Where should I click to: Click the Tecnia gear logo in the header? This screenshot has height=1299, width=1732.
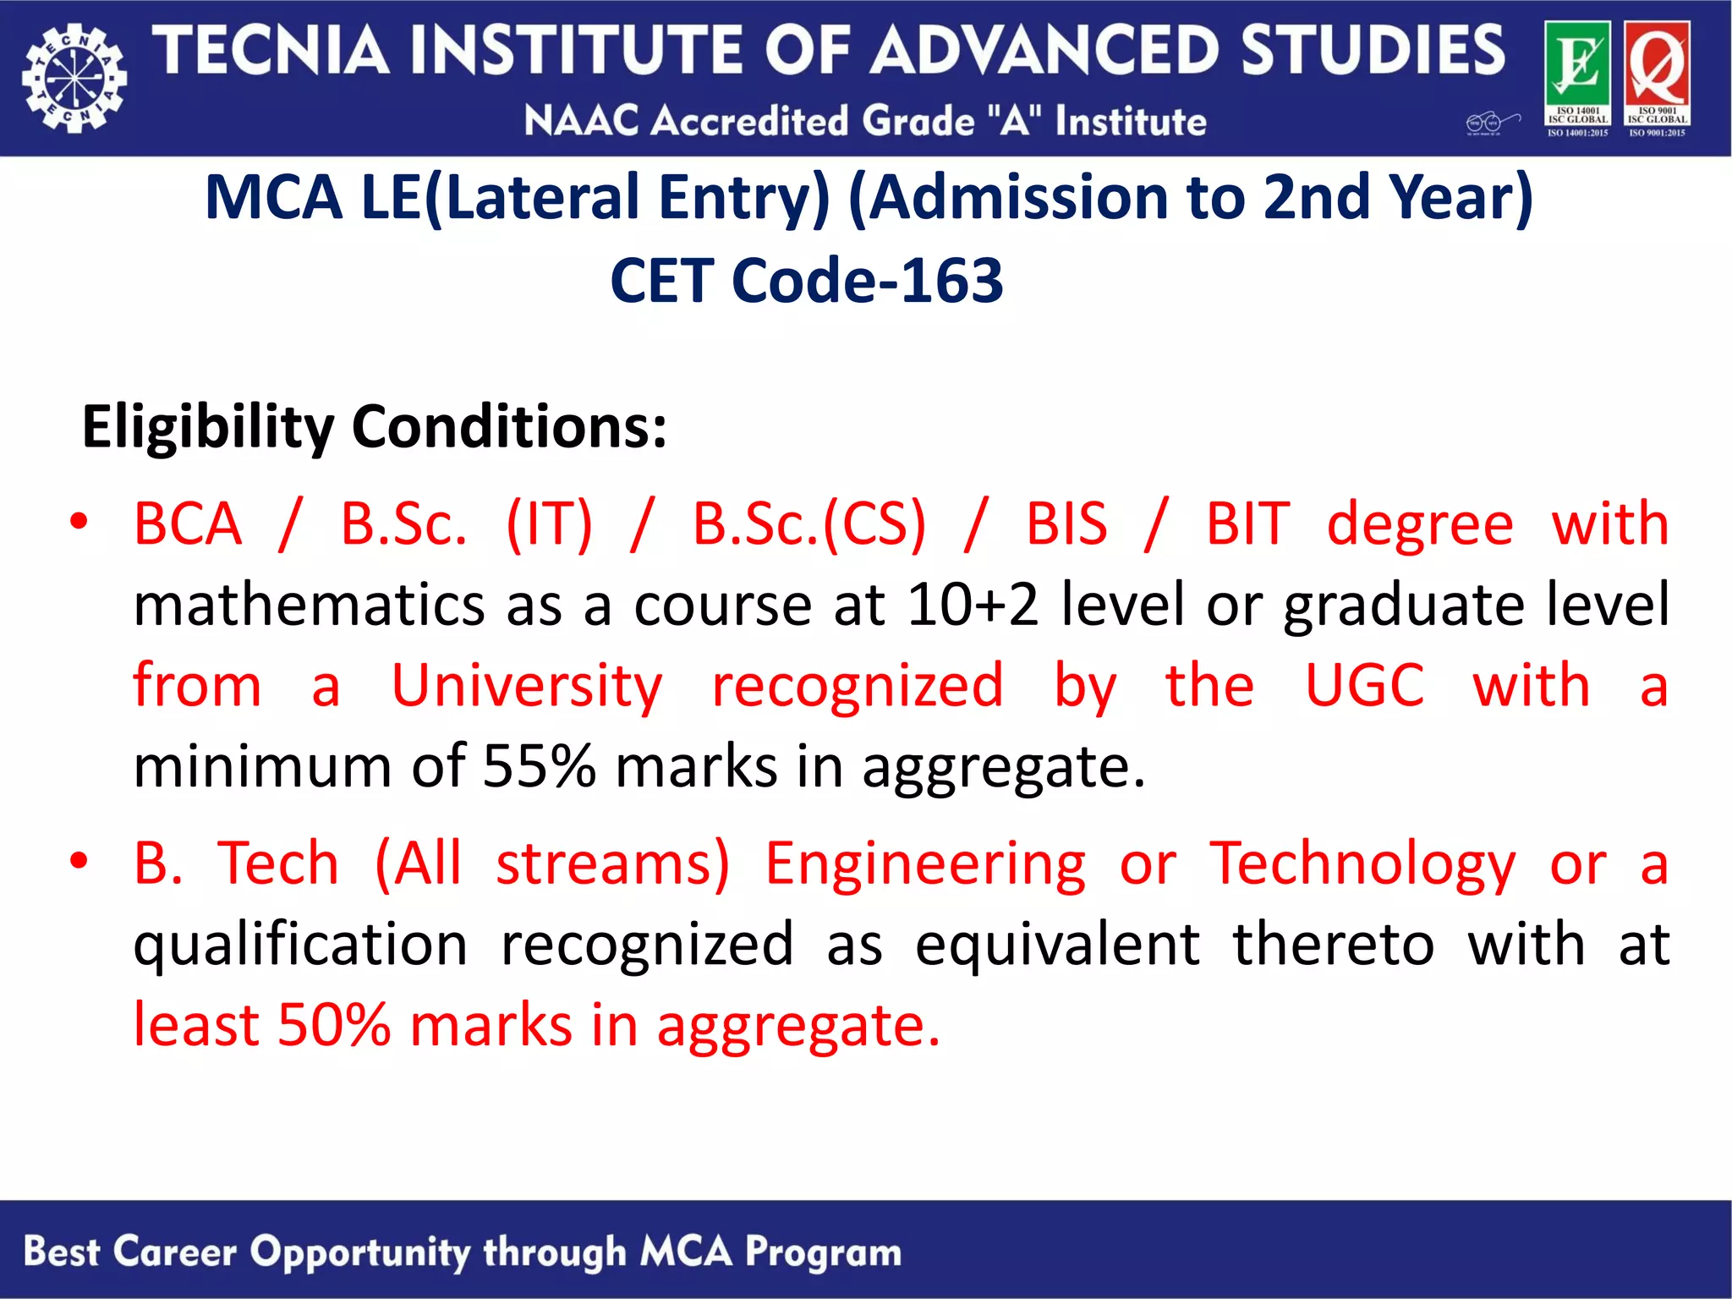click(x=74, y=79)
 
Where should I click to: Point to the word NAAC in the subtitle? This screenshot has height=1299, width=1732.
click(x=581, y=121)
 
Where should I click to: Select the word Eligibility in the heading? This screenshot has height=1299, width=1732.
click(x=208, y=427)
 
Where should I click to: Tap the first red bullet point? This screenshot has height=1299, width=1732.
click(x=79, y=521)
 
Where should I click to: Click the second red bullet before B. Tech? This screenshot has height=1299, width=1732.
click(x=79, y=861)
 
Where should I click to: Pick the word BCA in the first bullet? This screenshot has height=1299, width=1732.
click(x=188, y=524)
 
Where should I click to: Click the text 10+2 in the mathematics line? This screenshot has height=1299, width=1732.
click(x=973, y=605)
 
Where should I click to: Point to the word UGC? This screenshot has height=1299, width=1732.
click(x=1364, y=685)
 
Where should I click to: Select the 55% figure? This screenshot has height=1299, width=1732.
click(x=539, y=766)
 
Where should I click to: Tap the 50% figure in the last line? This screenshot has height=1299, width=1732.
click(x=334, y=1025)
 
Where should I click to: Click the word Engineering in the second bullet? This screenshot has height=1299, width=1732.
click(x=925, y=864)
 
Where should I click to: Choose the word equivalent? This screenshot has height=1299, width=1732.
click(x=1057, y=945)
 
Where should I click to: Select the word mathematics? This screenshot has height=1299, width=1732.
click(x=310, y=605)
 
